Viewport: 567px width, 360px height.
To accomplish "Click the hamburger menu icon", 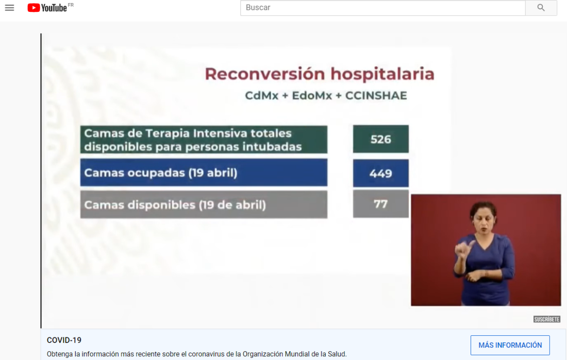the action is click(x=9, y=8).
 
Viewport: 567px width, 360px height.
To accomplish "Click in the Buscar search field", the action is click(x=382, y=8).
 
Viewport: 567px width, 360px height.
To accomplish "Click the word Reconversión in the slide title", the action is click(x=265, y=74).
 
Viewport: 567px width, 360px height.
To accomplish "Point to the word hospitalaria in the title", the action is click(x=382, y=74).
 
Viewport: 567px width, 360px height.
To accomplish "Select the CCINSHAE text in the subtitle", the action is click(x=376, y=95).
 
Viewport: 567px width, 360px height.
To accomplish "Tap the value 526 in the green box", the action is click(x=381, y=139).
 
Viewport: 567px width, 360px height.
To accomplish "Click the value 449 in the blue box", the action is click(x=381, y=174).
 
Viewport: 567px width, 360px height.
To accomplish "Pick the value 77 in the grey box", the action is click(x=381, y=204).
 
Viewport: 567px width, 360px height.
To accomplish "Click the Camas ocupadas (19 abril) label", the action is click(x=160, y=173).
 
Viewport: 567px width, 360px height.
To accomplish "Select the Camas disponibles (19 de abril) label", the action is click(x=175, y=205).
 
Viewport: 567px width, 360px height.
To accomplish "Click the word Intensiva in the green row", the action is click(x=220, y=133).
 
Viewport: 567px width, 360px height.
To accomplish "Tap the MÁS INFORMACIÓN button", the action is click(x=510, y=345).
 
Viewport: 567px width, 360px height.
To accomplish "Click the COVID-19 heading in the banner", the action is click(x=64, y=340).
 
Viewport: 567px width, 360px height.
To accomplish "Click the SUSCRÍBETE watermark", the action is click(x=547, y=319).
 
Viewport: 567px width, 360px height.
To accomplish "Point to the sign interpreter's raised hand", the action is click(x=464, y=250).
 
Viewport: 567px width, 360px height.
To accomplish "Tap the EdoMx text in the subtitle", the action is click(x=312, y=95).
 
